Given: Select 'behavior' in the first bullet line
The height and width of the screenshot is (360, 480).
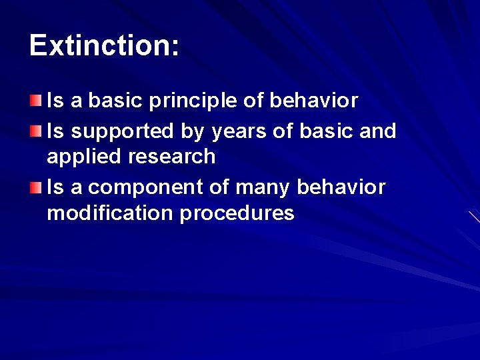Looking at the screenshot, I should (314, 101).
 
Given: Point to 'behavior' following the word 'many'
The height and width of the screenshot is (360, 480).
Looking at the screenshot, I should (341, 188).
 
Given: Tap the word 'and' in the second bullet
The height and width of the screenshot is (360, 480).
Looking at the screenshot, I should (378, 131).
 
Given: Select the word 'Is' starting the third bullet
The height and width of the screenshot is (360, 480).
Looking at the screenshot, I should (55, 188).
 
